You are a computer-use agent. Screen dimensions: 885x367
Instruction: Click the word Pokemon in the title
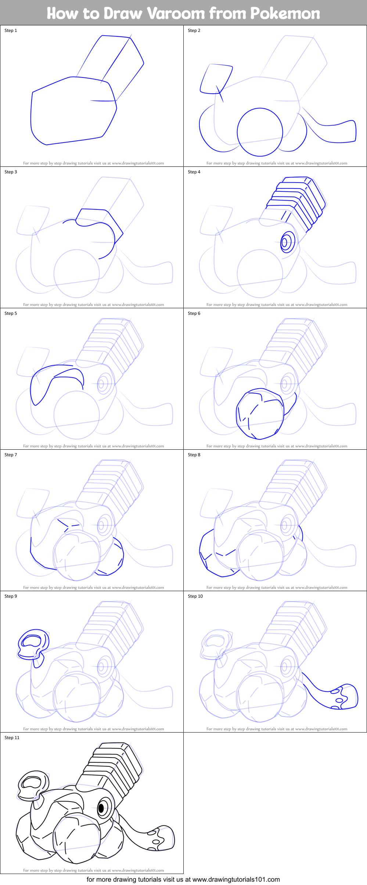tap(285, 14)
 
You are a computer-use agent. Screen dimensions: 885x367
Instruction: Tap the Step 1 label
tap(11, 30)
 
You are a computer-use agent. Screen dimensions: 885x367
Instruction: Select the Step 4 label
tap(194, 172)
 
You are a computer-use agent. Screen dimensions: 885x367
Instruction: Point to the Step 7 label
tap(11, 455)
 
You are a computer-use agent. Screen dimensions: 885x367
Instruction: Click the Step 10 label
tap(195, 596)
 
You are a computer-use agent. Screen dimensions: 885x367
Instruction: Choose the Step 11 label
tap(12, 738)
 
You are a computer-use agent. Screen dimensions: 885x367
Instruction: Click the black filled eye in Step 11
tap(101, 808)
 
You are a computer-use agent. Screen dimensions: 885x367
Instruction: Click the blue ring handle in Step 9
tap(33, 642)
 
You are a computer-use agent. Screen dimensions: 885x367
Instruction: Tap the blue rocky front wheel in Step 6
tap(259, 414)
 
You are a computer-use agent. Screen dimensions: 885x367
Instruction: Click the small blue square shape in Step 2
tap(216, 79)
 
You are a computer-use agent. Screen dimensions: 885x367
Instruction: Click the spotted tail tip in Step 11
tap(162, 838)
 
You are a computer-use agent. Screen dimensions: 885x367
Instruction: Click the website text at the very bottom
tap(183, 879)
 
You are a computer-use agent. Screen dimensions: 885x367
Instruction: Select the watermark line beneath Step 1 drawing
tap(93, 163)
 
